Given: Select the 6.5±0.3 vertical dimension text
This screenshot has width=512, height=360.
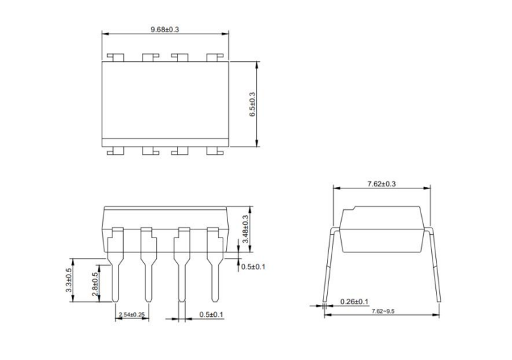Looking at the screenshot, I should pos(252,105).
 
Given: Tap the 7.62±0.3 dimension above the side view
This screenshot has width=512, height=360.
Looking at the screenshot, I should pos(381,183).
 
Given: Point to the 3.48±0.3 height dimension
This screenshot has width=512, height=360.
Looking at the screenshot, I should pos(246,229).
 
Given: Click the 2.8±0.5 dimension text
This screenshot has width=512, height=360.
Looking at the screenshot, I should pos(95,285).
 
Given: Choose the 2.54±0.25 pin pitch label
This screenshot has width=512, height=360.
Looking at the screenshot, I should pos(132,315).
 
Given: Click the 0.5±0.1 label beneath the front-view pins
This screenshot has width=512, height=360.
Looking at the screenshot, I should pos(211,315).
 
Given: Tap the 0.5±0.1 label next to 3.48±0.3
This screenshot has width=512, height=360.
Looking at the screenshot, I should pos(252,267).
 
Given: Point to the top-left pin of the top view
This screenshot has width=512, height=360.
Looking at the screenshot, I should pos(115,57).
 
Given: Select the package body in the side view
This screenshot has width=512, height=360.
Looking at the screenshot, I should pos(381,229).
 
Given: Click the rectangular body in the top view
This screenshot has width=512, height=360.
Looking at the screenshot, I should pos(166,102).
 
